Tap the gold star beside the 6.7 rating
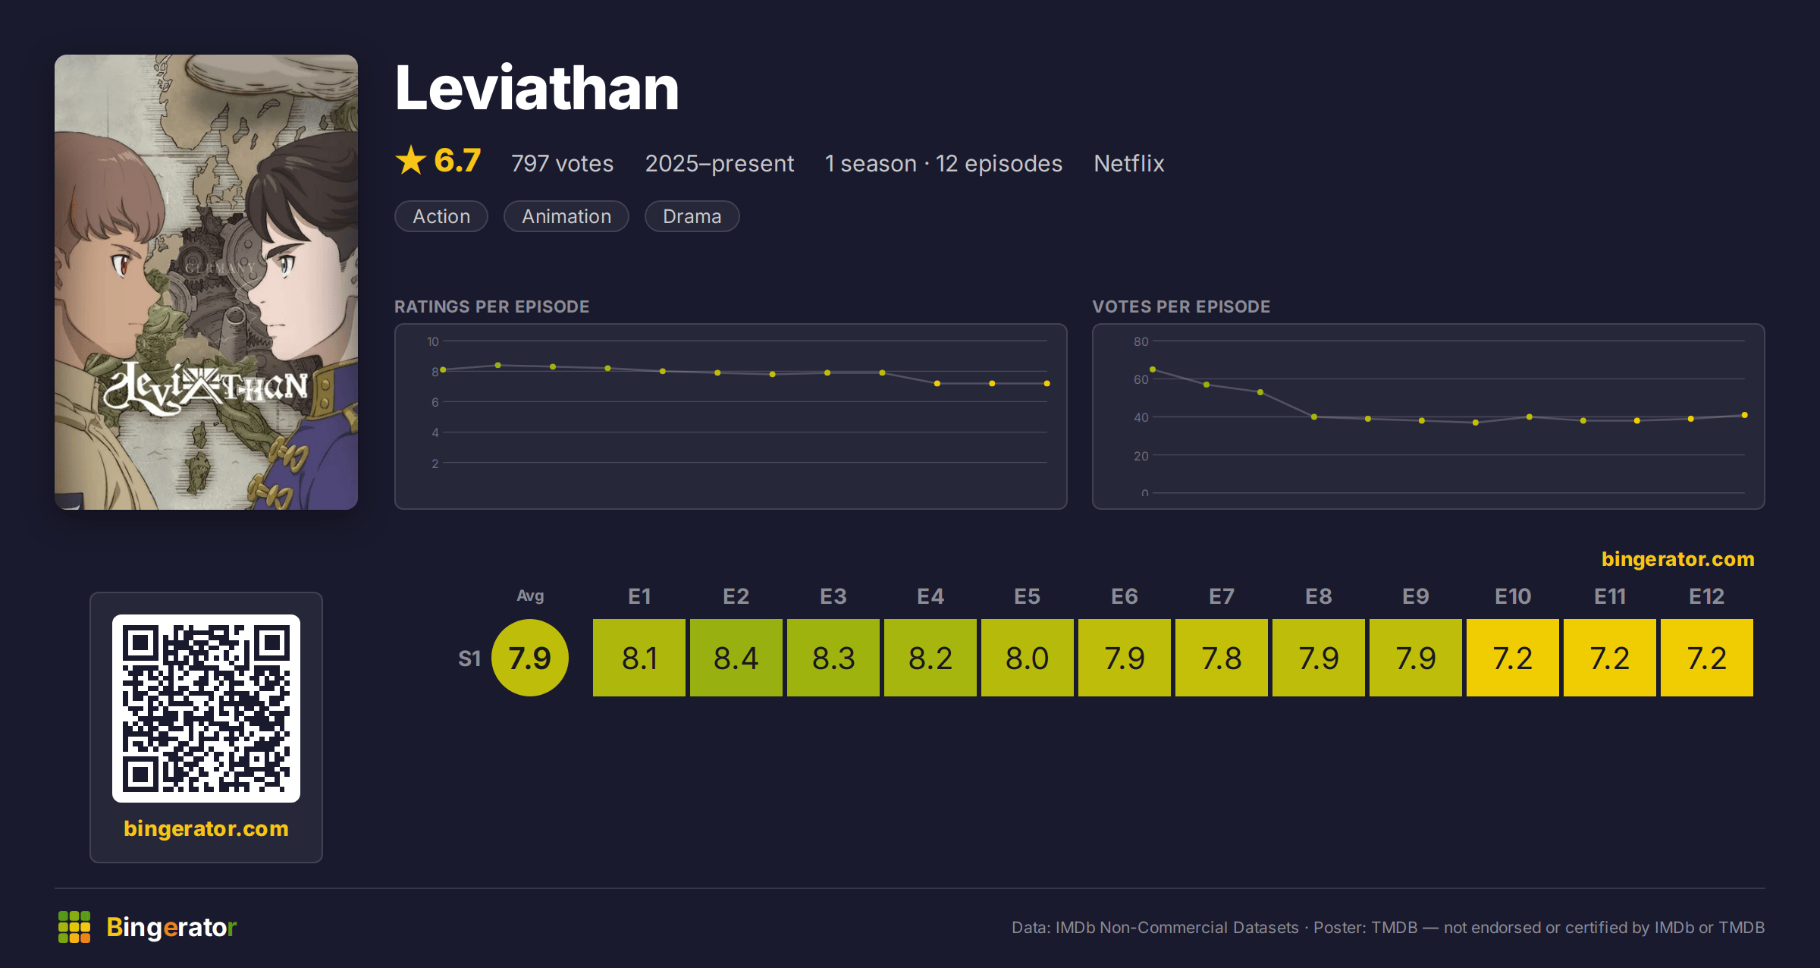[411, 160]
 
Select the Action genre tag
[441, 216]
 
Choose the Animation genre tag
[566, 216]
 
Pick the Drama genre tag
[692, 216]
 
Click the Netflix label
[1128, 163]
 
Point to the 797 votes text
[562, 163]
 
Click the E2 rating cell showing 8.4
[736, 658]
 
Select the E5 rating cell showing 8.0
[1028, 658]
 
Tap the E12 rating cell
[1707, 658]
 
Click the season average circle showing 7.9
[530, 658]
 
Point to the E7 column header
[1222, 596]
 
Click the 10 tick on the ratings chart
[433, 341]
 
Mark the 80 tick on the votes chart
[1141, 341]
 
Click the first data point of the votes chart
[1153, 369]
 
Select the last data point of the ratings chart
[1047, 384]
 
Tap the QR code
[206, 709]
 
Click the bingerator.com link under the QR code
[206, 828]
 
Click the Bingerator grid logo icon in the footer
[74, 927]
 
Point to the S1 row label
[469, 658]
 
